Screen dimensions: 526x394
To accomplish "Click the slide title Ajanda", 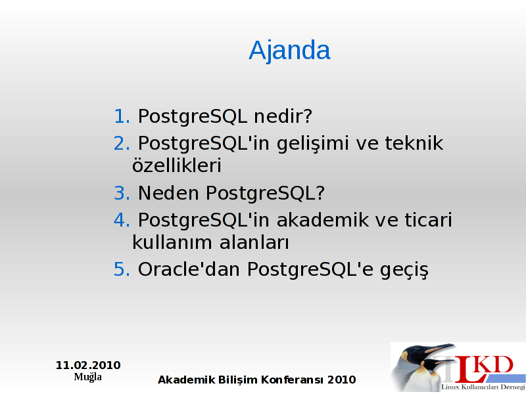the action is [289, 51].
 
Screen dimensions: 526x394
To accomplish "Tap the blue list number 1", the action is [122, 116].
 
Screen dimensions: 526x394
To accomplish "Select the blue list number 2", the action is [122, 143].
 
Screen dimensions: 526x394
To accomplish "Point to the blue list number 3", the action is [122, 193].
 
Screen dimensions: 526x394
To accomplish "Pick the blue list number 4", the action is [122, 220].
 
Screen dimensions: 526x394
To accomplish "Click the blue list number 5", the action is [122, 269].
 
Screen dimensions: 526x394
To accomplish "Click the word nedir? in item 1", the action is [283, 116].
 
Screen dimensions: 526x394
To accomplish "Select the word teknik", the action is [414, 142].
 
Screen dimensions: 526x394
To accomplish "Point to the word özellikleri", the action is [177, 165].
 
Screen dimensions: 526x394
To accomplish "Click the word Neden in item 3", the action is [168, 193].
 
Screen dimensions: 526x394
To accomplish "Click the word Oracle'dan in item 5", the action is [189, 269].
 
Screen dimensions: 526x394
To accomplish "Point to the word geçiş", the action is [404, 271].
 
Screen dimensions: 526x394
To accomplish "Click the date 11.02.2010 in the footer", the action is [88, 365].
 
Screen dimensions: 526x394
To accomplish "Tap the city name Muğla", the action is [88, 377].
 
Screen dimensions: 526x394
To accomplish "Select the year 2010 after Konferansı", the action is [341, 380].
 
